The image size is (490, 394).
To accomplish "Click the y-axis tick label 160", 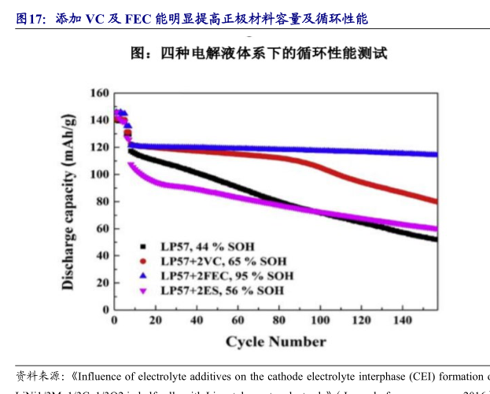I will tap(99, 93).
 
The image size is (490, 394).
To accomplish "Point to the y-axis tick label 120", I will tap(99, 147).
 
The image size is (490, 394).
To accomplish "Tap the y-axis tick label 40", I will tap(101, 256).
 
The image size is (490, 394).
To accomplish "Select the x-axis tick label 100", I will tap(320, 320).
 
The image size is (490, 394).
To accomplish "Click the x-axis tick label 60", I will tap(238, 320).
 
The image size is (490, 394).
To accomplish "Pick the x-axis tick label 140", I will tap(402, 320).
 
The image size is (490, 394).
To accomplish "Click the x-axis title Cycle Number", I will tap(275, 341).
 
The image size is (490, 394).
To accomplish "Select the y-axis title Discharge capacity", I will tap(69, 201).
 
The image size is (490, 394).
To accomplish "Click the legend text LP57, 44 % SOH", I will tap(208, 246).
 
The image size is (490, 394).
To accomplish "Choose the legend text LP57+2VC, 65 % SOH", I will tap(223, 260).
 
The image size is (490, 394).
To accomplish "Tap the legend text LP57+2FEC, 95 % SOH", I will tap(227, 275).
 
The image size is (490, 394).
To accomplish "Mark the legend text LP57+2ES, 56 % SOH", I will tap(222, 290).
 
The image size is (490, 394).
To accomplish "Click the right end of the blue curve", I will tap(436, 154).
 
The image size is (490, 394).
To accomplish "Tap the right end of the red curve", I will tap(436, 201).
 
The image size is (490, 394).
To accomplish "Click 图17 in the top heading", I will tap(30, 19).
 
